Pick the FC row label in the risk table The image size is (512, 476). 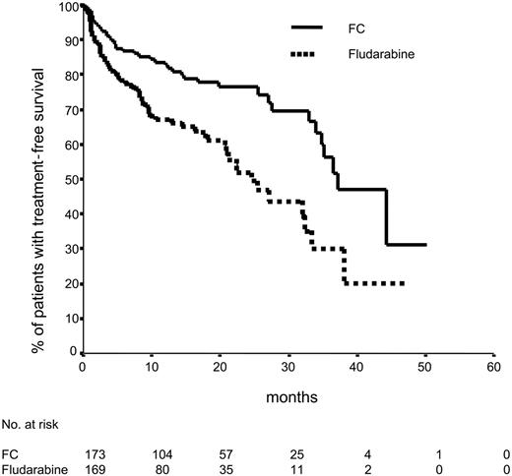12,455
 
